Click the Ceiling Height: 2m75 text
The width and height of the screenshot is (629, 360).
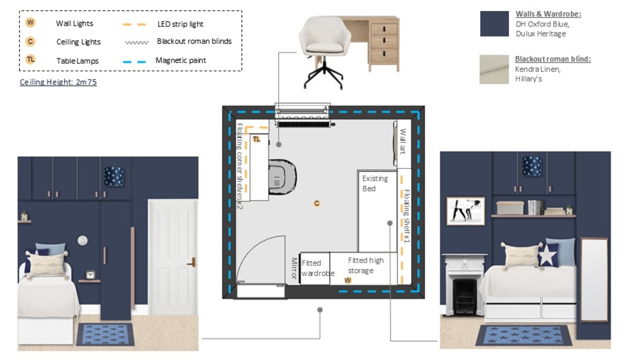58,82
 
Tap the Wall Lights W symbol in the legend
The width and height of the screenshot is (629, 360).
30,23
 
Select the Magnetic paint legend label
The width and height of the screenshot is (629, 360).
181,60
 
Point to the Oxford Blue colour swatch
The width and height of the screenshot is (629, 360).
494,23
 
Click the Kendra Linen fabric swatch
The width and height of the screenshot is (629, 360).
494,70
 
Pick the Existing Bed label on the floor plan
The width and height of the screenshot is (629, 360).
375,184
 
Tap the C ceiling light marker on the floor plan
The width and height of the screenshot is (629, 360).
317,203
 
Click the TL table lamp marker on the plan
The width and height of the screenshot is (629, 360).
256,139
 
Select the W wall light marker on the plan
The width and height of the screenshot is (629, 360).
348,280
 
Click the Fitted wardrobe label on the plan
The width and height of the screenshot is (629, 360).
318,268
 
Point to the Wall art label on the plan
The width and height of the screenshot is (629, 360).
403,141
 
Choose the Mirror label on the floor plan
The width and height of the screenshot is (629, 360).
294,269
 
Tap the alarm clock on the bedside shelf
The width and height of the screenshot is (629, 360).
90,275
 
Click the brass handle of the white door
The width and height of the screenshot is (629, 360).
192,262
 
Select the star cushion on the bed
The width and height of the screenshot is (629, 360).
548,255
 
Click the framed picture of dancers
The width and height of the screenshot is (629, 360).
466,211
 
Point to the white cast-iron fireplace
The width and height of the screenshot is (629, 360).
464,284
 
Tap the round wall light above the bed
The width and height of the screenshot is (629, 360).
82,240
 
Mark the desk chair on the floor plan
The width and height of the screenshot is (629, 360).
282,177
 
